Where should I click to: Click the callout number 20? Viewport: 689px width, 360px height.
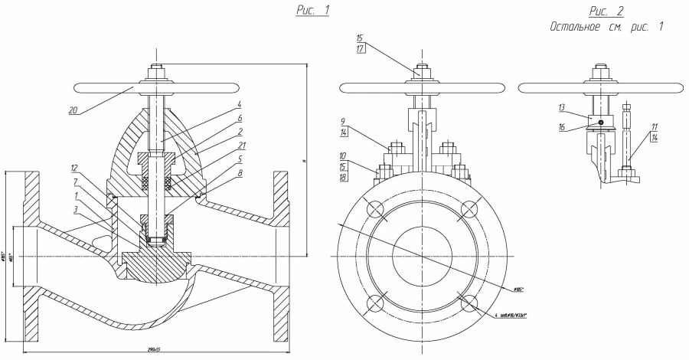coord(73,110)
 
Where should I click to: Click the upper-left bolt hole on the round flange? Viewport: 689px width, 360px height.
coord(376,210)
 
